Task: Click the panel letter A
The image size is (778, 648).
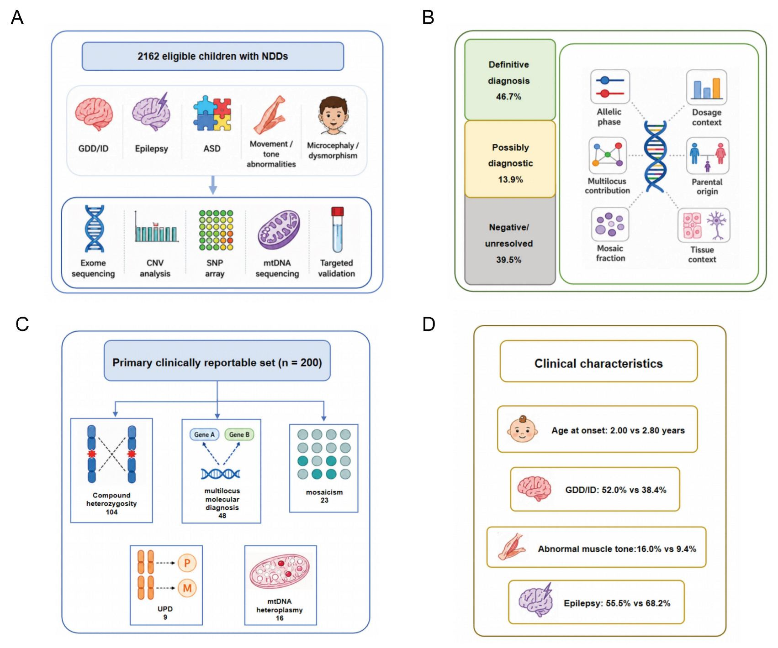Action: tap(17, 17)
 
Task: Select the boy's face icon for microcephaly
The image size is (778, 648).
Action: tap(333, 115)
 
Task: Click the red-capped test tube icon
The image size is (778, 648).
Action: tap(337, 230)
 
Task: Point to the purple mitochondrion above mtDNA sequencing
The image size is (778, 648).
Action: tap(279, 230)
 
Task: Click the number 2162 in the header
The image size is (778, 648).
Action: tap(148, 56)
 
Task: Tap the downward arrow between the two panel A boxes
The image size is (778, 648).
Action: tap(212, 185)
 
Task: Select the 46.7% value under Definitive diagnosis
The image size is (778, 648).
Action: tap(508, 97)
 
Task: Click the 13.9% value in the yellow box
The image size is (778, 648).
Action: tap(510, 179)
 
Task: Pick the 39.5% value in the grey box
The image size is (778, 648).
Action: tap(508, 260)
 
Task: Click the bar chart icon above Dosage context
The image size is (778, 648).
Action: tap(706, 87)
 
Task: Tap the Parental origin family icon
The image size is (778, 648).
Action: tap(707, 157)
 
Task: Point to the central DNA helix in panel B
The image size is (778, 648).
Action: tap(655, 156)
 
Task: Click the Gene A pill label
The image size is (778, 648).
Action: tap(204, 434)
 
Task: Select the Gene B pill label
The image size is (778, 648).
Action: tap(239, 434)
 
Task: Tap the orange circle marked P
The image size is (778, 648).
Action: tap(187, 563)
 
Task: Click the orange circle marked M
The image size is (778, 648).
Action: tap(187, 588)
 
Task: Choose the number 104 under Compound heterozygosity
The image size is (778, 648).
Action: tap(111, 512)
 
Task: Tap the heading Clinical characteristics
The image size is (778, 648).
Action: tap(598, 363)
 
